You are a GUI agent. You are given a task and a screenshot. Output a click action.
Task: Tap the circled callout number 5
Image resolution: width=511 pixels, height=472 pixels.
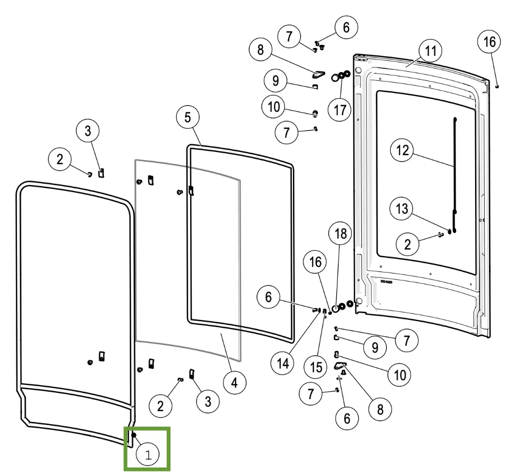point(188,118)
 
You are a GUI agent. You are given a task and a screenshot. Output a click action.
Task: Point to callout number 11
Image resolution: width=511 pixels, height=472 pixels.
point(431,51)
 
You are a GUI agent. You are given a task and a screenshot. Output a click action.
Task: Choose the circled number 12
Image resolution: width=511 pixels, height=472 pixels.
point(403,150)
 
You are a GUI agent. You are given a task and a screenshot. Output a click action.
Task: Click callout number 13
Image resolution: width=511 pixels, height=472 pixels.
point(402,209)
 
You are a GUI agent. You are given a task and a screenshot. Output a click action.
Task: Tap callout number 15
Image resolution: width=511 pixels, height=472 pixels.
point(316,368)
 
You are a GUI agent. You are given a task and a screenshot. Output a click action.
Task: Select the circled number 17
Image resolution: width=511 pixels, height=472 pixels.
point(340,109)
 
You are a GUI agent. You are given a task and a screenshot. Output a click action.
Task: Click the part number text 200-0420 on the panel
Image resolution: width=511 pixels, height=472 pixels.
point(386,281)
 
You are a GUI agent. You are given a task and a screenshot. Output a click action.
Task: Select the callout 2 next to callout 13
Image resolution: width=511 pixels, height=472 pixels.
point(408,243)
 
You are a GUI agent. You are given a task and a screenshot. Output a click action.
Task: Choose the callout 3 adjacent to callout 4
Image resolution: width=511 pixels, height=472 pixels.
point(208,400)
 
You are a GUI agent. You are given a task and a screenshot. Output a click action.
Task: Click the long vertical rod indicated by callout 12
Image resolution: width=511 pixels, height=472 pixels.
point(455,165)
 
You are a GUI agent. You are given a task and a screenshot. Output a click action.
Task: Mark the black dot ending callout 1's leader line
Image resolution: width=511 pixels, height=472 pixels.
point(134,435)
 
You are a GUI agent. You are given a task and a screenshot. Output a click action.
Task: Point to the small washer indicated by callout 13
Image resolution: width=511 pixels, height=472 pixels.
point(450,231)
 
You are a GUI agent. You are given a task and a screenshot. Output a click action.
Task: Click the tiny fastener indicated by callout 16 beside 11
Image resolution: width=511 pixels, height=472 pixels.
point(498,86)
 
